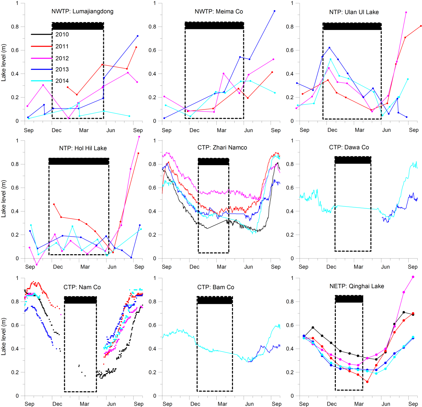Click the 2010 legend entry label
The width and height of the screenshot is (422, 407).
click(62, 34)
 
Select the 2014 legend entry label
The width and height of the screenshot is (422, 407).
click(62, 81)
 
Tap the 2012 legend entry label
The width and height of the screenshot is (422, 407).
click(62, 58)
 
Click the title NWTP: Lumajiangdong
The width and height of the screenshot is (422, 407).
click(82, 11)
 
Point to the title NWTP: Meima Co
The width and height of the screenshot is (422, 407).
click(219, 12)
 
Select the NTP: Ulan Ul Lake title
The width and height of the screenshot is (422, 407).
click(354, 12)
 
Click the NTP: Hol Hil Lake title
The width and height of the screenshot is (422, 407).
click(83, 148)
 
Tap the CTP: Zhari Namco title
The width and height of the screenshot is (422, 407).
click(222, 147)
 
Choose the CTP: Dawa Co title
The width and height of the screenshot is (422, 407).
click(349, 147)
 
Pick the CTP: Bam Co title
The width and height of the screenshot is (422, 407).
click(216, 287)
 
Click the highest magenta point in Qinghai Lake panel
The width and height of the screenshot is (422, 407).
click(413, 277)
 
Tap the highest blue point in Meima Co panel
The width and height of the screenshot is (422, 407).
click(275, 11)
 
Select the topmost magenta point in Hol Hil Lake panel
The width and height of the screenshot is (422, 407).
click(139, 137)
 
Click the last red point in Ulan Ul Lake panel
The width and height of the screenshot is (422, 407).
click(421, 26)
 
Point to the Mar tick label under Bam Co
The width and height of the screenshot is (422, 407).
click(222, 404)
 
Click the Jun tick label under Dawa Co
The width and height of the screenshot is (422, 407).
click(385, 267)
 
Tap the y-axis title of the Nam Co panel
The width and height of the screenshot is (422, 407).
click(4, 336)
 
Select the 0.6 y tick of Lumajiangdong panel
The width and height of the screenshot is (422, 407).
click(15, 50)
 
